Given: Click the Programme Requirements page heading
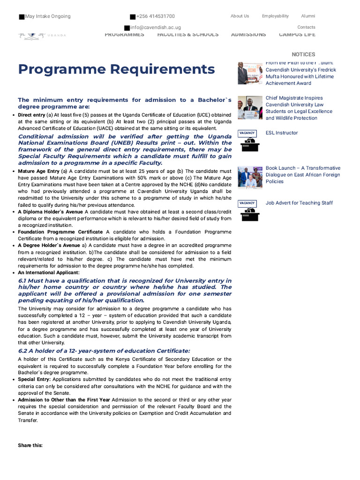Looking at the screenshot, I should [116, 69].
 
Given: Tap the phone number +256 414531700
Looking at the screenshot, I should [155, 16].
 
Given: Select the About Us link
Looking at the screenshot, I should [240, 16].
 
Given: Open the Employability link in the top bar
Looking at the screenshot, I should [275, 16].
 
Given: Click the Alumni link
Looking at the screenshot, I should [308, 16].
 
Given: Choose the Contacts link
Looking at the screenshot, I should [306, 27].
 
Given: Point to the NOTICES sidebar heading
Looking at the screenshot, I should [303, 54].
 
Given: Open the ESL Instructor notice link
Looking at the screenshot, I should [282, 133].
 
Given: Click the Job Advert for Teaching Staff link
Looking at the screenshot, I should [299, 202].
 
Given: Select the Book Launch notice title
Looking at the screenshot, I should [303, 174].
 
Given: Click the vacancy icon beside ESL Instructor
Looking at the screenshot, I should [250, 141].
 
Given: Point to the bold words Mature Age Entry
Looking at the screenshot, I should [39, 171].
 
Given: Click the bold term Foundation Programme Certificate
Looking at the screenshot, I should [60, 232].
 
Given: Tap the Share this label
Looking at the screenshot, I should [30, 445].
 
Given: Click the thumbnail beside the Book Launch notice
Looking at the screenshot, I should [250, 177].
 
